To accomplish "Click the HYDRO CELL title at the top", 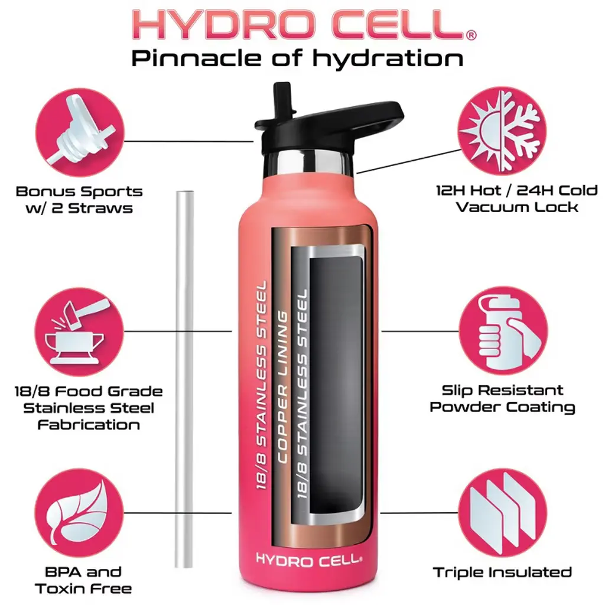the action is pos(300,24).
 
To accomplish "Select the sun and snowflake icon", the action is pos(502,131).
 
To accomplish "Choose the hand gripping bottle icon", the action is pos(503,331).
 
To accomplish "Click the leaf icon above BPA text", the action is pos(80,513).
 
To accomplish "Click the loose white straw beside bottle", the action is pos(184,379).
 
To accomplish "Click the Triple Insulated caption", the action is pos(502,572).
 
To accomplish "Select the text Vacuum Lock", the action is pos(517,207).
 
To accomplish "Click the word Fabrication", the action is pos(89,425).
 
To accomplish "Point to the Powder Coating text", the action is pos(502,407).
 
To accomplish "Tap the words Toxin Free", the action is pos(83,589).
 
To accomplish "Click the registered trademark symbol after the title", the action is pos(471,35).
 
